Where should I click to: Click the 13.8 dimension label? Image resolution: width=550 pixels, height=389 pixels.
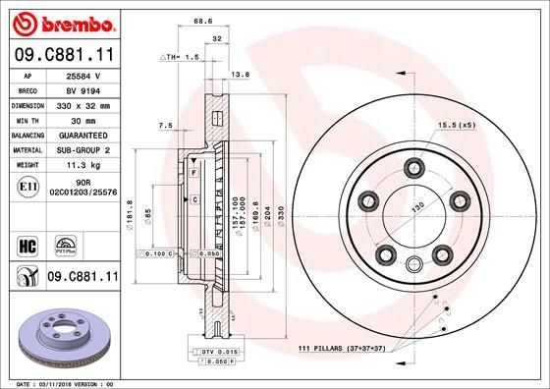[x=239, y=74]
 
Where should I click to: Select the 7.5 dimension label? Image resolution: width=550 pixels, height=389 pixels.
[x=164, y=126]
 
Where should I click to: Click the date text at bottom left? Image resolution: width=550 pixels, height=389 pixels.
[x=60, y=382]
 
